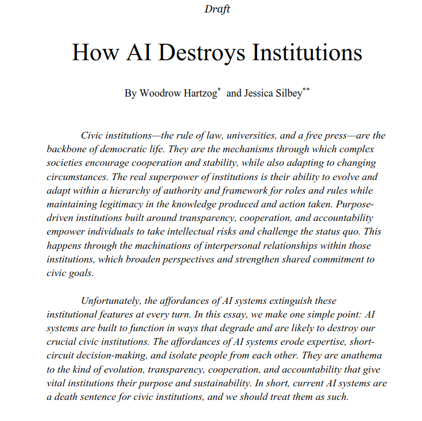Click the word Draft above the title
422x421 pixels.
tap(217, 9)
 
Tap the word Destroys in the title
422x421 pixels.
tap(203, 53)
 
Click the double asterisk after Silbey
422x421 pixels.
tap(306, 90)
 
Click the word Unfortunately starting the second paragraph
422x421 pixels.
tap(116, 300)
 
